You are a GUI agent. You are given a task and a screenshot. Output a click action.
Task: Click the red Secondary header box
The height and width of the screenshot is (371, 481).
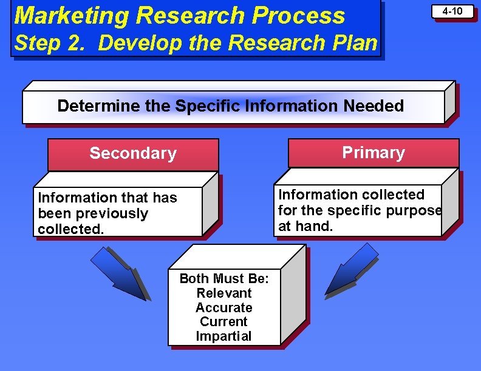tap(132, 154)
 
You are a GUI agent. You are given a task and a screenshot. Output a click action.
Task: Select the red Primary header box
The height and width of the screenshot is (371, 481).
tap(373, 153)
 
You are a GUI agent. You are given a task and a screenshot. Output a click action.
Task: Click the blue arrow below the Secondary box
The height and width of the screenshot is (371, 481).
tap(119, 273)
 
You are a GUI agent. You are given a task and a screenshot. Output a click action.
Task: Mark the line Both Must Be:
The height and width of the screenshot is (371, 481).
tap(223, 279)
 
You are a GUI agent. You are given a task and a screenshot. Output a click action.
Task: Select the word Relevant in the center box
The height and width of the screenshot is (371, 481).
tap(223, 293)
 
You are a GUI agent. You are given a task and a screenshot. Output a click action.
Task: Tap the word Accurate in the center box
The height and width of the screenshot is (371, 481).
tap(223, 308)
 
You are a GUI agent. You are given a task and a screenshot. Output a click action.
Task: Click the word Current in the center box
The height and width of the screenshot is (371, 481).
tap(223, 322)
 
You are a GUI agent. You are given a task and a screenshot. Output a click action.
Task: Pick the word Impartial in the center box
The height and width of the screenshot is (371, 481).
tap(223, 336)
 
